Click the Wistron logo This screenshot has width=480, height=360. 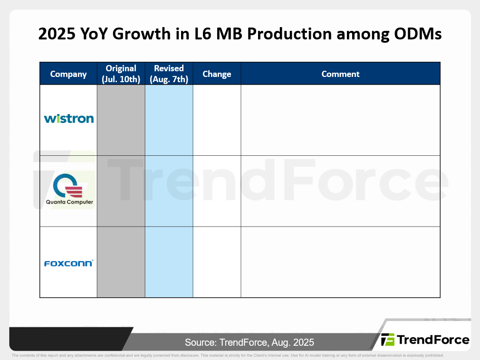(69, 119)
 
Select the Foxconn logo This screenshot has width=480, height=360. (68, 263)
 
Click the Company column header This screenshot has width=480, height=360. (68, 74)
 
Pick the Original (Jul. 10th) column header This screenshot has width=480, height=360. (121, 74)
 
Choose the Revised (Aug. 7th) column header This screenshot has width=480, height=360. (169, 74)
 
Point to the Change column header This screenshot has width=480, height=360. (217, 74)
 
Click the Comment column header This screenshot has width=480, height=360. (340, 74)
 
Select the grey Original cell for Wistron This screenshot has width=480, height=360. (121, 120)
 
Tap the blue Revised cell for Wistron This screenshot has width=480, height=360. (169, 120)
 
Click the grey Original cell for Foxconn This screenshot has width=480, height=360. (121, 262)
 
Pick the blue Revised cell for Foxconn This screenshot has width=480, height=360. (169, 262)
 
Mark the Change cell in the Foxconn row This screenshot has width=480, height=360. (217, 262)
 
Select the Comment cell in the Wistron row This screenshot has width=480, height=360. (340, 120)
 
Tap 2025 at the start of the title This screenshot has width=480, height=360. (57, 34)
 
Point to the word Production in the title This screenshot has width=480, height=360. (289, 34)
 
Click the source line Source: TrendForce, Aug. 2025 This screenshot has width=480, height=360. (250, 342)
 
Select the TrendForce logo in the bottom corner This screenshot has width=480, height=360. (425, 340)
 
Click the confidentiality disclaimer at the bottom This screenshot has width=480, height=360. (228, 355)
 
